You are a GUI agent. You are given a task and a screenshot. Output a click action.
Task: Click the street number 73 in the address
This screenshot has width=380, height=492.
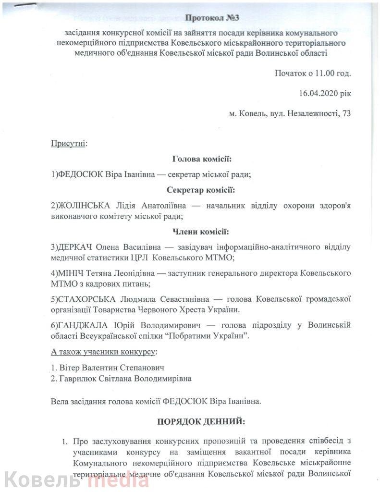[x=345, y=114]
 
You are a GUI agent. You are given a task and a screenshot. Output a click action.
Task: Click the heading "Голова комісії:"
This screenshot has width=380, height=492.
[x=201, y=159]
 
